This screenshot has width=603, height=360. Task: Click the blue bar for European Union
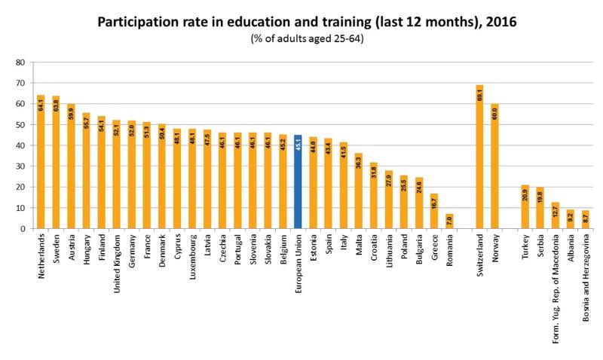(298, 182)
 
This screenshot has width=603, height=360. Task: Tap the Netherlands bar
(41, 162)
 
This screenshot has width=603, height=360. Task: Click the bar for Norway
(495, 166)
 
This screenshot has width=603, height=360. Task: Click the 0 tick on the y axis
(23, 228)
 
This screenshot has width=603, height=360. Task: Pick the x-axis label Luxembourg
(191, 257)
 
